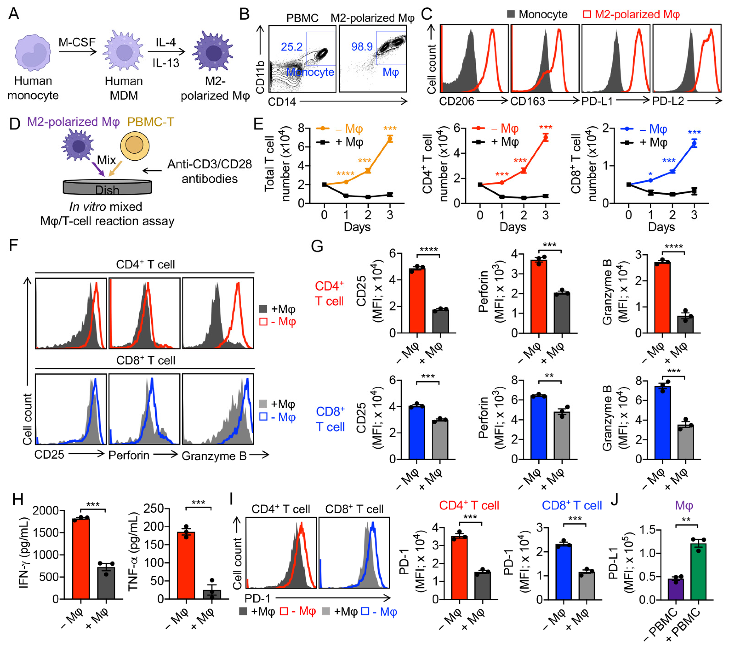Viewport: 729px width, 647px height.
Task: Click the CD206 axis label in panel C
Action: [x=456, y=101]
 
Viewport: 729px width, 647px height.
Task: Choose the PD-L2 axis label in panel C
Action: [x=668, y=101]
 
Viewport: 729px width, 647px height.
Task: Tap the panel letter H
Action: [x=18, y=500]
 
